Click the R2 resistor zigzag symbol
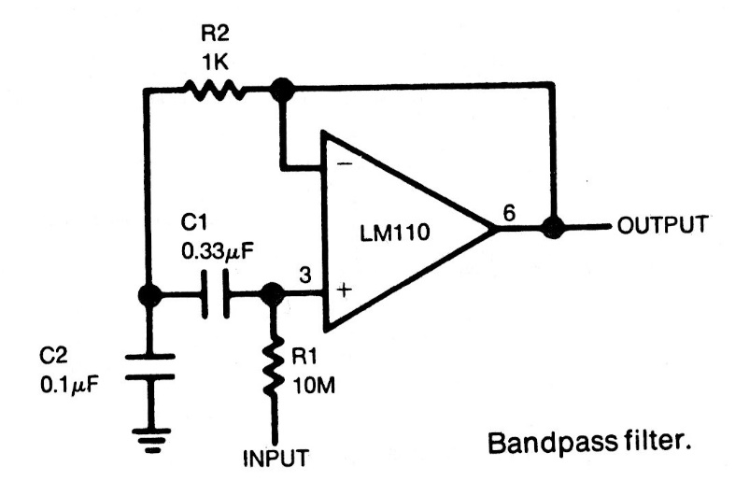[x=214, y=91]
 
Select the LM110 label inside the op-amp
[x=397, y=233]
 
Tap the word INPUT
[x=273, y=459]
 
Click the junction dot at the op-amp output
[x=553, y=227]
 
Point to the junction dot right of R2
[x=281, y=91]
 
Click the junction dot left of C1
[x=148, y=294]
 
